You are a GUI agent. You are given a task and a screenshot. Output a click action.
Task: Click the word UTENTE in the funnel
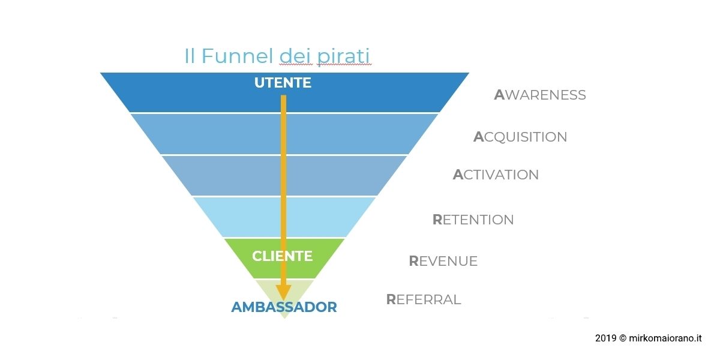click(283, 83)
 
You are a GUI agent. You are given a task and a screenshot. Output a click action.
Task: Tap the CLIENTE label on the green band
click(282, 256)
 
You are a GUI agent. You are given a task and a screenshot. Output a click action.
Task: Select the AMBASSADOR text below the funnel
click(284, 307)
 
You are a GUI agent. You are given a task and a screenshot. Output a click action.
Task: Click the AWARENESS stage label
click(540, 95)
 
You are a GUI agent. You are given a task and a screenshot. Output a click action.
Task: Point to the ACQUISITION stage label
click(520, 137)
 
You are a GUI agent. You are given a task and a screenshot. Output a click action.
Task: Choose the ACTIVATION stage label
click(496, 175)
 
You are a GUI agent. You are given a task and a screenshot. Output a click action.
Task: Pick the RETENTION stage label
click(473, 220)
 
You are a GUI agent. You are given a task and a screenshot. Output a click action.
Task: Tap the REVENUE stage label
click(443, 261)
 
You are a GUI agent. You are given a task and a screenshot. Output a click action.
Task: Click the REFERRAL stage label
click(424, 299)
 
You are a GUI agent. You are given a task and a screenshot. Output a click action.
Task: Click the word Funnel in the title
click(237, 56)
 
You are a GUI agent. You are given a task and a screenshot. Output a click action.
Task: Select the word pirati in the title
click(343, 57)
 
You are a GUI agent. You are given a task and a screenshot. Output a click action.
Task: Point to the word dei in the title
click(295, 56)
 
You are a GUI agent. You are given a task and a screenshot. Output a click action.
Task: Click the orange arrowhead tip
click(283, 300)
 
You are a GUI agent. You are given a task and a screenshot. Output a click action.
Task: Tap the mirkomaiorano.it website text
click(665, 338)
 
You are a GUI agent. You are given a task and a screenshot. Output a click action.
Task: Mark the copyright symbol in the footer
click(623, 338)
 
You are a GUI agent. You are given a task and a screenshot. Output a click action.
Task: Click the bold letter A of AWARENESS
click(499, 95)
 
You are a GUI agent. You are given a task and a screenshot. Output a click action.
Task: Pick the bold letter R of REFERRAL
click(391, 299)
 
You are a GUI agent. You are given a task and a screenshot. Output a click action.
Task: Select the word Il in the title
click(190, 56)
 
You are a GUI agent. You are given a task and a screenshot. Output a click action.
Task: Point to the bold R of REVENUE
click(413, 261)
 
